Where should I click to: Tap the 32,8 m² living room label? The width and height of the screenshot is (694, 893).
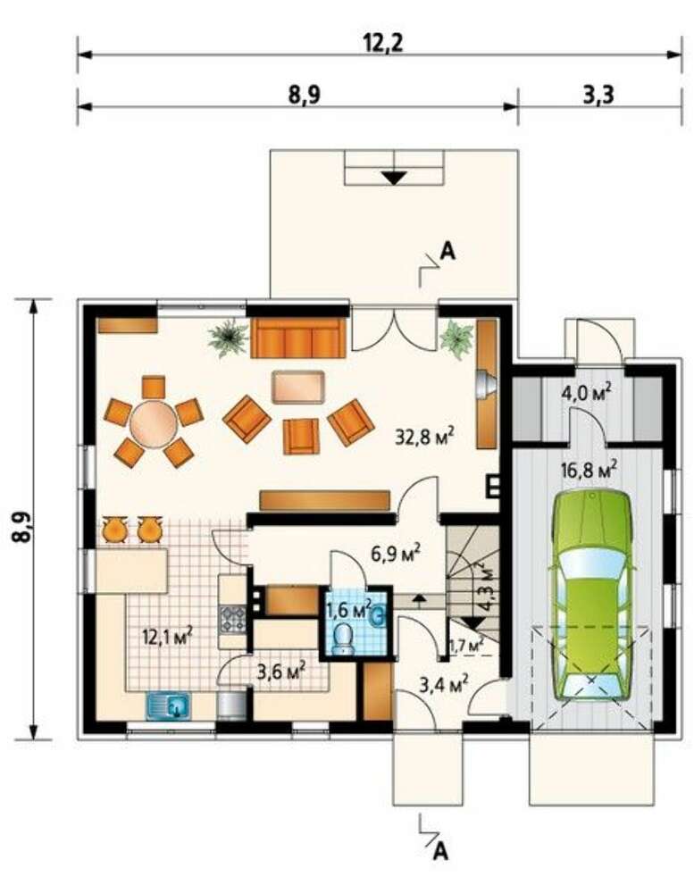point(424,437)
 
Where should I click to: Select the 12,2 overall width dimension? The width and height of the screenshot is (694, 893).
point(383,43)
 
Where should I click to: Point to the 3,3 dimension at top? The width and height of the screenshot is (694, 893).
point(598,94)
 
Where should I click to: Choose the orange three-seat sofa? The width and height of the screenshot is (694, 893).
point(298,338)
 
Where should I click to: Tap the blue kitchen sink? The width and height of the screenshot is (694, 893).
point(170,706)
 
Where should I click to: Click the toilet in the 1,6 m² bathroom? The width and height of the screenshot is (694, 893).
point(343,639)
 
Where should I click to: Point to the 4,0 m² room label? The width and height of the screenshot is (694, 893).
point(586,393)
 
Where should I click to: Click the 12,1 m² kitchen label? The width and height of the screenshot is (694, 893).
point(167,636)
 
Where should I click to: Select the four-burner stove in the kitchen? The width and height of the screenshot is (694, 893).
point(232,619)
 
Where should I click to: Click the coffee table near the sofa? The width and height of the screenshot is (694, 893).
point(298,388)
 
